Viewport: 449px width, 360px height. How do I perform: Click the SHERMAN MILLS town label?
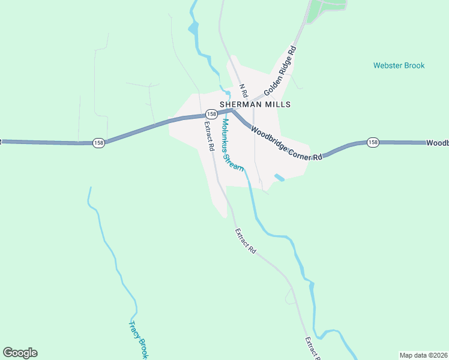pos(255,104)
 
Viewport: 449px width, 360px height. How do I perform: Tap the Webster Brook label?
pos(399,65)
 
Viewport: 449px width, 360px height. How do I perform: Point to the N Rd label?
pos(243,91)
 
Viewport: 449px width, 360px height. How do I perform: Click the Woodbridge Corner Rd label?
pos(286,142)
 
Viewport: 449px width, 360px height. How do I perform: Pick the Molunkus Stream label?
pos(232,145)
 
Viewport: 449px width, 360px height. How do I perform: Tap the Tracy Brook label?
pos(138,340)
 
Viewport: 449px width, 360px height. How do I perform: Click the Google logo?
pos(20,353)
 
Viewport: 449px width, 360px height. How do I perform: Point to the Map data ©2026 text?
pos(423,355)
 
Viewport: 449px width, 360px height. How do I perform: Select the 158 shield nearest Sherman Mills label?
pos(211,114)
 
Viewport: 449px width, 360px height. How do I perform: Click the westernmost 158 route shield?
pos(98,143)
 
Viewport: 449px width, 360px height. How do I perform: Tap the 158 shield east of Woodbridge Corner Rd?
pos(373,142)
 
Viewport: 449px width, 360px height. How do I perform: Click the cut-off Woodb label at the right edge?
pos(438,143)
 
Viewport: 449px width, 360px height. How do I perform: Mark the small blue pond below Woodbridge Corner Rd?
pos(279,177)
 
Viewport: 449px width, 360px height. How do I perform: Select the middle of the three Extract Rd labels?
pos(246,241)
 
